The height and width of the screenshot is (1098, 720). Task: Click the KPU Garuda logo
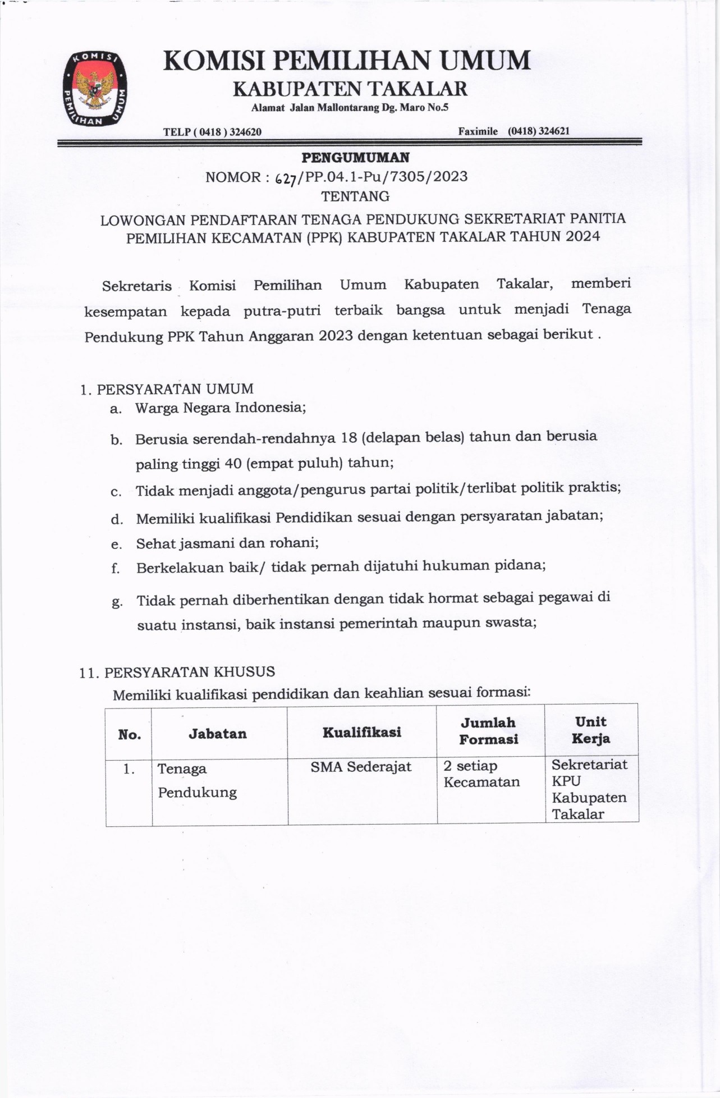(x=94, y=88)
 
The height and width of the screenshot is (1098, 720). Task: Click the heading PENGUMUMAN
(x=355, y=158)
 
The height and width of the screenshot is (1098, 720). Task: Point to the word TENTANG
(x=355, y=196)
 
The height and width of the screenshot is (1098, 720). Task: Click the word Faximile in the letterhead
(x=478, y=131)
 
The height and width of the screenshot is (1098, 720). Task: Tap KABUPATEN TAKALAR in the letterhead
(x=350, y=89)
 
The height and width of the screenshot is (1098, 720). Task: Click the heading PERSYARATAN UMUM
(x=175, y=389)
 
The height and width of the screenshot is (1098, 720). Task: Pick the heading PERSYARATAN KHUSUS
(x=190, y=672)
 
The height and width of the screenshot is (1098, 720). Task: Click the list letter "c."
(x=116, y=492)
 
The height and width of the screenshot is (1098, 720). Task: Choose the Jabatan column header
(x=218, y=734)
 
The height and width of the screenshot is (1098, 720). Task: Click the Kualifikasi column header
(x=362, y=732)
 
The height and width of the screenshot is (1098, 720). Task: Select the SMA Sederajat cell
(x=361, y=767)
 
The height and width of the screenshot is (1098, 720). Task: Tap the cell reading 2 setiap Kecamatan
(x=481, y=774)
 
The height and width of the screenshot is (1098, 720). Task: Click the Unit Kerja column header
(x=591, y=730)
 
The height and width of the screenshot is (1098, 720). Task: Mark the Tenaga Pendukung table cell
(x=197, y=780)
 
